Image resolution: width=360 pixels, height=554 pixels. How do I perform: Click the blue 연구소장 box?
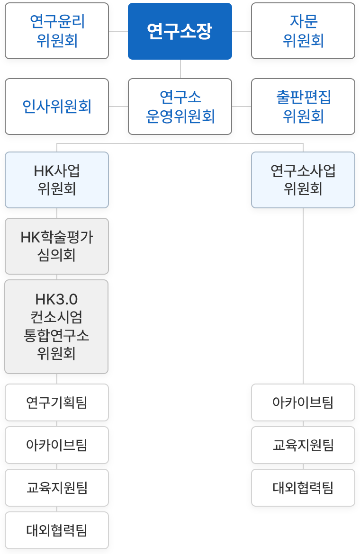[x=180, y=31]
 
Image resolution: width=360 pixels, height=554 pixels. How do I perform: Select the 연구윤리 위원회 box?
[x=57, y=31]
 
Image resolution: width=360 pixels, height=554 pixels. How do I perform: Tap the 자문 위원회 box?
[x=303, y=31]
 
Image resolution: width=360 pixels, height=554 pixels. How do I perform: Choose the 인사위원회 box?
[x=57, y=107]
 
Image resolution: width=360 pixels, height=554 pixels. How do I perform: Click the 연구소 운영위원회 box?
[x=180, y=107]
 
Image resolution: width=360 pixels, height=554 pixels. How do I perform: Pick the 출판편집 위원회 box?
[x=303, y=107]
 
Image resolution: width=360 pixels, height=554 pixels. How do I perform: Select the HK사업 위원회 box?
[x=57, y=180]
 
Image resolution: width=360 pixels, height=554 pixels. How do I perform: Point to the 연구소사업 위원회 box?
[x=303, y=180]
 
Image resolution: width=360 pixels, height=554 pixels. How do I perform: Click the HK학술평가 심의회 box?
[x=57, y=246]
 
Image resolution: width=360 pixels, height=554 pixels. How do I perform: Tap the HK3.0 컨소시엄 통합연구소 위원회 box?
[x=57, y=327]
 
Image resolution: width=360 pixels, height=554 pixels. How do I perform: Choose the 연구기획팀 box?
[x=57, y=402]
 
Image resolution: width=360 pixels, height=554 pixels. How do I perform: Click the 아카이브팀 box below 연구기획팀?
[x=57, y=445]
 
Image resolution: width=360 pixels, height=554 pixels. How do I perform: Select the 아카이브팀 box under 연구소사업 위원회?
[x=303, y=402]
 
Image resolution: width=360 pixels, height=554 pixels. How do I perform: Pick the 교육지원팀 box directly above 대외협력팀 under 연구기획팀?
[x=57, y=488]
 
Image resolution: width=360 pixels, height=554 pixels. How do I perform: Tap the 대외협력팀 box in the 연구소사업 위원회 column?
[x=303, y=488]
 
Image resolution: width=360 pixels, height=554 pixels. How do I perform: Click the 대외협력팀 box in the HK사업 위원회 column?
[x=57, y=530]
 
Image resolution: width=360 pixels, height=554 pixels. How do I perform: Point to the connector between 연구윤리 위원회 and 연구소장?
[x=118, y=31]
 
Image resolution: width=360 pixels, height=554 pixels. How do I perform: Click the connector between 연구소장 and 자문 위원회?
[x=242, y=31]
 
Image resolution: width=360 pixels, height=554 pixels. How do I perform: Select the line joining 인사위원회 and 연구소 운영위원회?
[x=118, y=107]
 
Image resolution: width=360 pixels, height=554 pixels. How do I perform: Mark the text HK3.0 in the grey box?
[x=57, y=300]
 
